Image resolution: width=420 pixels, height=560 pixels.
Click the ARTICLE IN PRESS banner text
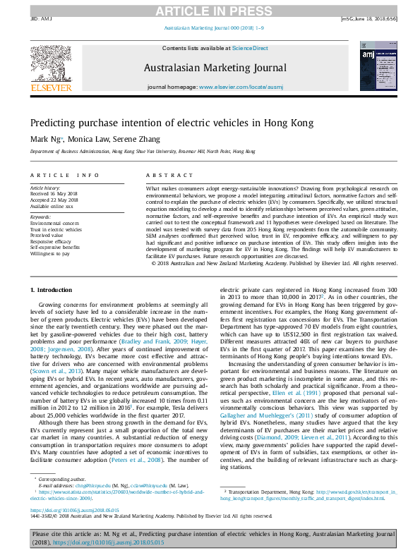[x=210, y=10]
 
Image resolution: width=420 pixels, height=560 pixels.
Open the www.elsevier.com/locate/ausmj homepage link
[x=234, y=87]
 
